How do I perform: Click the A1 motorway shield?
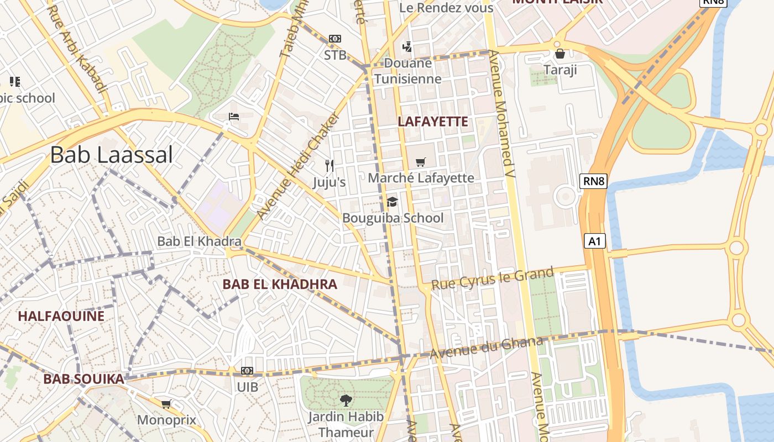[x=594, y=241]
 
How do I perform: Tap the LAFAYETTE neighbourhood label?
[x=433, y=122]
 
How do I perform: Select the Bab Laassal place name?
[x=111, y=155]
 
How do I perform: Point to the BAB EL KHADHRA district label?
[x=279, y=285]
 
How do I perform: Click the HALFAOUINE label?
[x=61, y=316]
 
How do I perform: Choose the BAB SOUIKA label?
[x=83, y=379]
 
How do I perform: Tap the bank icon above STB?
[x=335, y=39]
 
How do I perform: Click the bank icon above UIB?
[x=247, y=371]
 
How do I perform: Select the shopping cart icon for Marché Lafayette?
[x=421, y=162]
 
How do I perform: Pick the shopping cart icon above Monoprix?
[x=166, y=404]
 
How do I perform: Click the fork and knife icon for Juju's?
[x=330, y=165]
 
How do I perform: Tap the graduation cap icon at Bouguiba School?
[x=392, y=202]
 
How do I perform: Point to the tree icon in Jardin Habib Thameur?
[x=346, y=400]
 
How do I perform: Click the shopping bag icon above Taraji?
[x=560, y=54]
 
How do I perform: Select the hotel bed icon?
[x=234, y=117]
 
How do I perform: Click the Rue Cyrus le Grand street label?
[x=492, y=278]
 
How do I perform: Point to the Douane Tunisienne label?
[x=408, y=71]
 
